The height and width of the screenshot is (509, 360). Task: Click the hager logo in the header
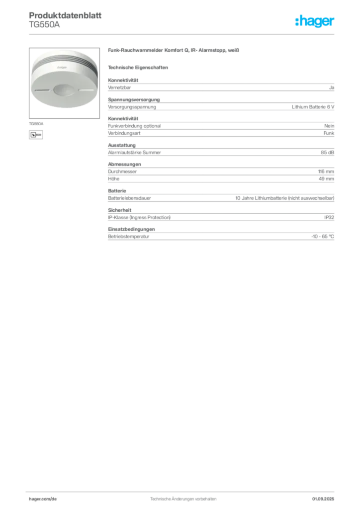(315, 21)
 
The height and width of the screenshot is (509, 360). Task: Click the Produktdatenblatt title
(65, 15)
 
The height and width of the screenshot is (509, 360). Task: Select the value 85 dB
(327, 153)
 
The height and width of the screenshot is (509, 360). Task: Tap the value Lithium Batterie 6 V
(313, 107)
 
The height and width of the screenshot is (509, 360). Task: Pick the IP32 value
(329, 218)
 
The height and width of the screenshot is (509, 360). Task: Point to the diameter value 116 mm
(326, 171)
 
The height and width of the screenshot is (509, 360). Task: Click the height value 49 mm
(326, 179)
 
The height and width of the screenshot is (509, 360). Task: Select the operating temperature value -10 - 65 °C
(322, 237)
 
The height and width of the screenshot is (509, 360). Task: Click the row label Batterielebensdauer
(129, 198)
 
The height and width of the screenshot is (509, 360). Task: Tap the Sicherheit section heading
(119, 210)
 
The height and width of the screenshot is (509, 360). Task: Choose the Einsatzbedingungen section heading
(131, 229)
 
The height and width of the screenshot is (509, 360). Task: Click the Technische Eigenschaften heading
(138, 68)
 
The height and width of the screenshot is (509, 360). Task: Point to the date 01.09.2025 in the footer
(323, 499)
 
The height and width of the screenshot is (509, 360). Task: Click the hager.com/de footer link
(43, 499)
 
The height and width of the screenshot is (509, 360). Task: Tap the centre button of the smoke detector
(63, 90)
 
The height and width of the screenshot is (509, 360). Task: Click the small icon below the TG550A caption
(36, 135)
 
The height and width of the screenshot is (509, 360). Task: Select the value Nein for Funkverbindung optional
(329, 126)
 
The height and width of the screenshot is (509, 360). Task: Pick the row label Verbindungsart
(124, 133)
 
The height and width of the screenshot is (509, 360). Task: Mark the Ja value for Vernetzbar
(332, 87)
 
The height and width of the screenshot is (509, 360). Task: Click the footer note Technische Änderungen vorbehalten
(183, 499)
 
